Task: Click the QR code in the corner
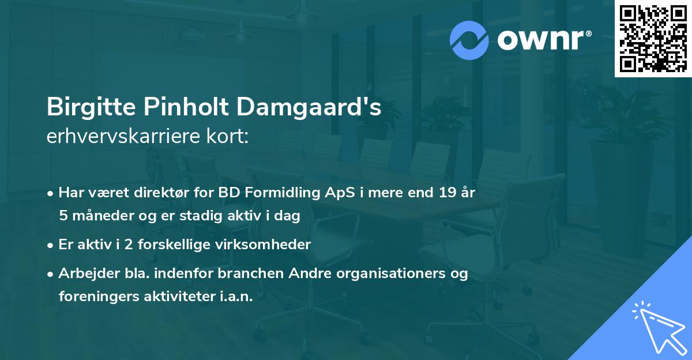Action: (653, 39)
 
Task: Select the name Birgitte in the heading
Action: (90, 108)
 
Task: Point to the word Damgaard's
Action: (310, 108)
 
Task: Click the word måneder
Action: (99, 215)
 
